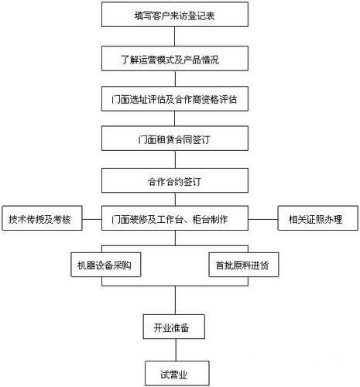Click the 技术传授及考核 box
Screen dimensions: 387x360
point(39,219)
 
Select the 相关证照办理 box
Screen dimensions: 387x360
point(319,219)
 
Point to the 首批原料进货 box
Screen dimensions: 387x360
point(243,265)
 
